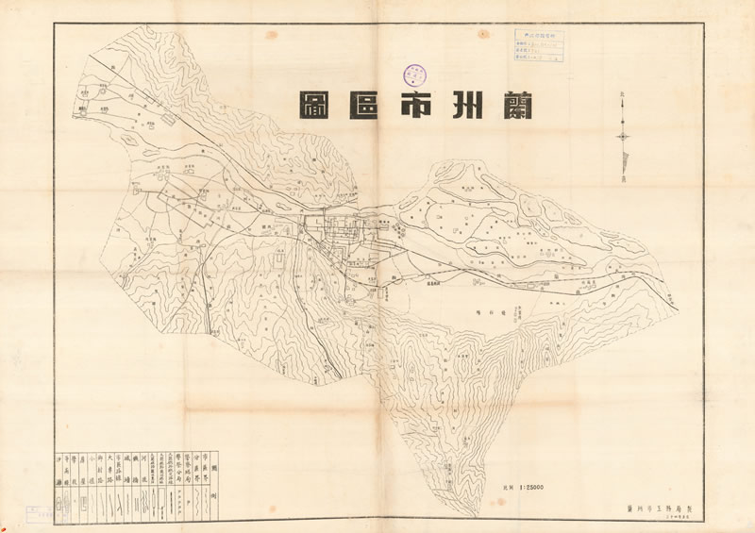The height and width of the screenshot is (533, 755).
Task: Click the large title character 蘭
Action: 512,106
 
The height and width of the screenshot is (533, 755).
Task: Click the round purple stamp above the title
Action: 415,75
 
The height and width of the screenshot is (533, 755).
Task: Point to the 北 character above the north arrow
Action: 622,94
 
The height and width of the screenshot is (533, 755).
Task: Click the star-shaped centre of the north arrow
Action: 623,138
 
